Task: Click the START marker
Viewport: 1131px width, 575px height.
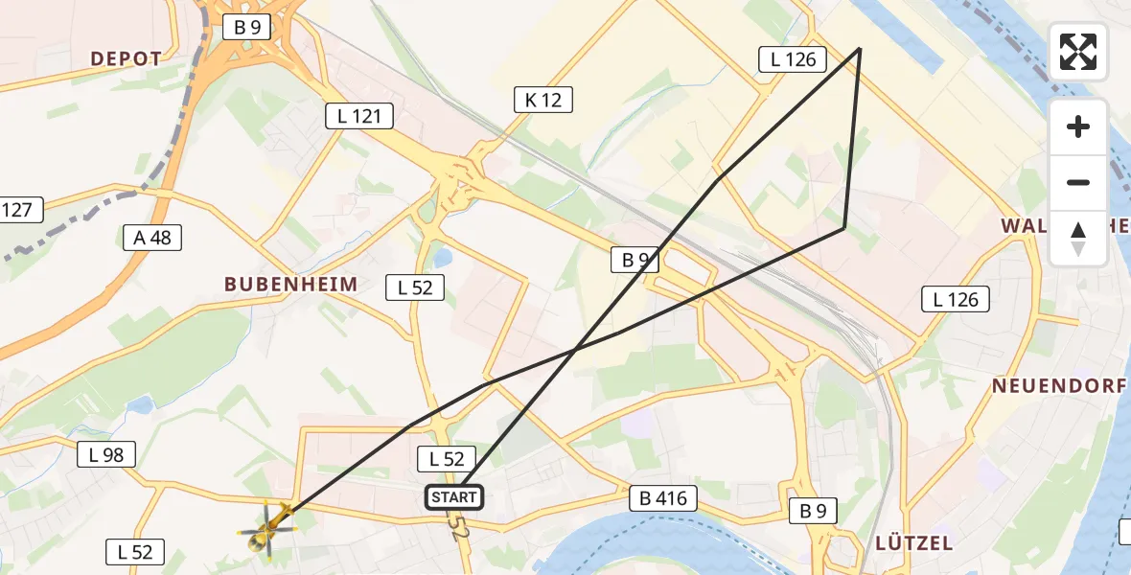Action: (453, 497)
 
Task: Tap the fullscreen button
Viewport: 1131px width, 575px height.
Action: (1078, 52)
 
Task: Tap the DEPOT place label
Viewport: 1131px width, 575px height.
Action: (127, 58)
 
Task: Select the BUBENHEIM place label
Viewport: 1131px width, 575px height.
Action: (290, 284)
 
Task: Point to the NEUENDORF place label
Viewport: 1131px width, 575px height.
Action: (1058, 386)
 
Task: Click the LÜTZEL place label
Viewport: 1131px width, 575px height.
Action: (913, 542)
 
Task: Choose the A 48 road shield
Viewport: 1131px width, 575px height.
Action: (152, 238)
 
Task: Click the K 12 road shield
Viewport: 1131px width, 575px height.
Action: (542, 99)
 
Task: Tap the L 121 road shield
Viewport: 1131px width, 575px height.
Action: (359, 117)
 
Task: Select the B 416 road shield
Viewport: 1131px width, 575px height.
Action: (663, 498)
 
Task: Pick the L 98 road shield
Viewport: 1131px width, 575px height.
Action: (106, 455)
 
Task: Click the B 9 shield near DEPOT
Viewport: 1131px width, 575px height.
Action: (247, 27)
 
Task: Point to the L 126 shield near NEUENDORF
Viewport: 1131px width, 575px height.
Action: (956, 299)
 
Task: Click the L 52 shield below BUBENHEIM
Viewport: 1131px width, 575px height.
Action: (415, 287)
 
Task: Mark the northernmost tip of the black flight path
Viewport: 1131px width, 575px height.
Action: (860, 48)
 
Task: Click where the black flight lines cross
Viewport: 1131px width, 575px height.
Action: (575, 350)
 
